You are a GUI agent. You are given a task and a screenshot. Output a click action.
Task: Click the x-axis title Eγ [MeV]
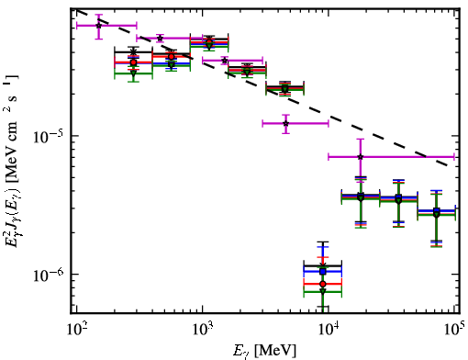[x=264, y=351]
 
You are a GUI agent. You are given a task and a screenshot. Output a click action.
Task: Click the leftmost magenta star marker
[x=98, y=26]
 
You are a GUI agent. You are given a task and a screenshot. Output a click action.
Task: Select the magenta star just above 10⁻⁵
[x=285, y=124]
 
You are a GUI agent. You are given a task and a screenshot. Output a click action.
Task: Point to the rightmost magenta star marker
[x=361, y=157]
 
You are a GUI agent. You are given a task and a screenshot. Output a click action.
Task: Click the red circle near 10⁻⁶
[x=322, y=284]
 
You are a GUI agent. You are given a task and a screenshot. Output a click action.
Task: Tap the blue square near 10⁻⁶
[x=322, y=272]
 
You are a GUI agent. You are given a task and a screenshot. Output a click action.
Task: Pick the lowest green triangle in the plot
[x=322, y=291]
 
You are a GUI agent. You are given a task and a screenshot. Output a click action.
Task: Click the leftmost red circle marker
[x=133, y=62]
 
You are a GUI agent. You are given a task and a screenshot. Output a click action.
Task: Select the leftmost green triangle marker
[x=133, y=73]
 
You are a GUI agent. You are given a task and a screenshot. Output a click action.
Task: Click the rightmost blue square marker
[x=437, y=210]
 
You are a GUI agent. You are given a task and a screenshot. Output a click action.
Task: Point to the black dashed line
[x=262, y=88]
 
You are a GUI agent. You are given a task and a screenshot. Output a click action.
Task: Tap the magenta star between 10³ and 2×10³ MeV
[x=225, y=61]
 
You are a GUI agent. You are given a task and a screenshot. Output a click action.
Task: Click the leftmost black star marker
[x=133, y=52]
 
